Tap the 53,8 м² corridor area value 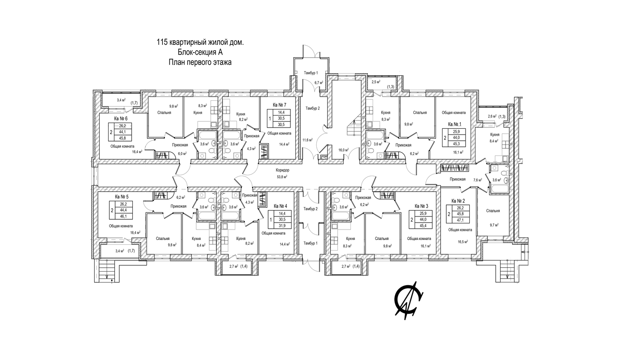pyautogui.click(x=282, y=177)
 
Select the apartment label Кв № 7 pyautogui.click(x=279, y=105)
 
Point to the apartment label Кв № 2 pyautogui.click(x=458, y=201)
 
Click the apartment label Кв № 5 pyautogui.click(x=122, y=196)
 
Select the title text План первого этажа pyautogui.click(x=200, y=63)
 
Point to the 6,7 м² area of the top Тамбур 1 pyautogui.click(x=318, y=83)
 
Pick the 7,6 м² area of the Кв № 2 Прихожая pyautogui.click(x=477, y=180)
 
